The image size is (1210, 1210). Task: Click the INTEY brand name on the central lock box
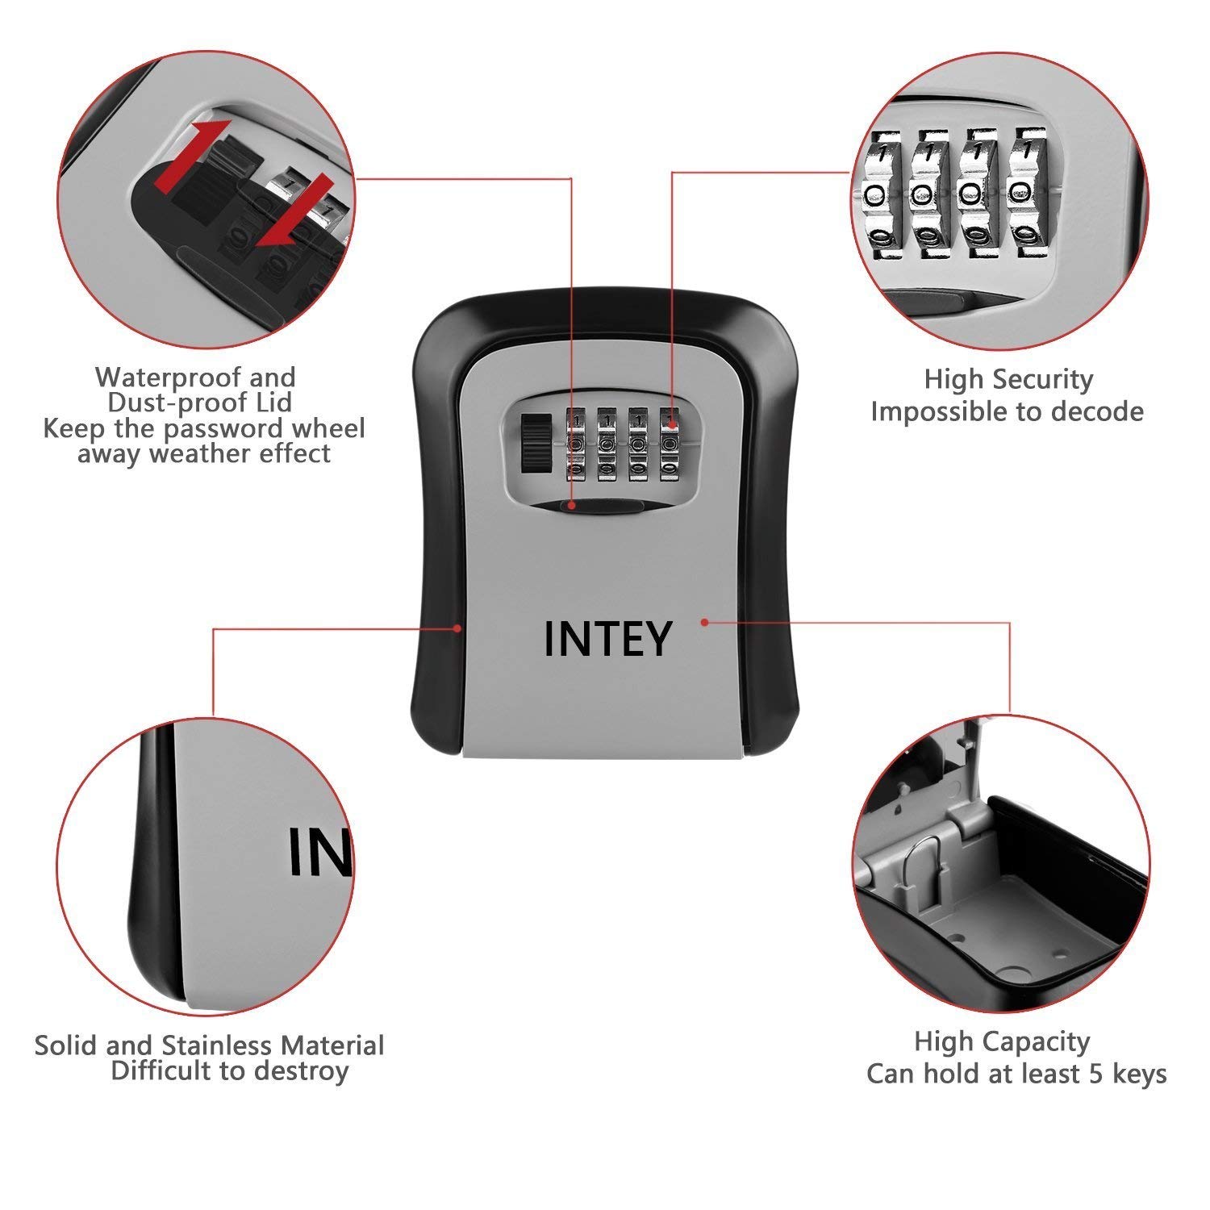tap(607, 639)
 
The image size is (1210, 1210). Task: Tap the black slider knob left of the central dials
tap(533, 443)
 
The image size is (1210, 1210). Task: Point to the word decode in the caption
tap(1098, 411)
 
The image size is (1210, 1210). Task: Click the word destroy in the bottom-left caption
tap(301, 1071)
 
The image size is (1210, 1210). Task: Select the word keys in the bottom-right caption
tap(1139, 1074)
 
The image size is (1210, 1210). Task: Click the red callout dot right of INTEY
tap(704, 622)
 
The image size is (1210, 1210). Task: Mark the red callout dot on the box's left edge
tap(457, 627)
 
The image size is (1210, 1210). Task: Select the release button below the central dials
tap(593, 506)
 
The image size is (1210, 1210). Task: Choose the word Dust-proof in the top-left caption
tap(199, 403)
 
